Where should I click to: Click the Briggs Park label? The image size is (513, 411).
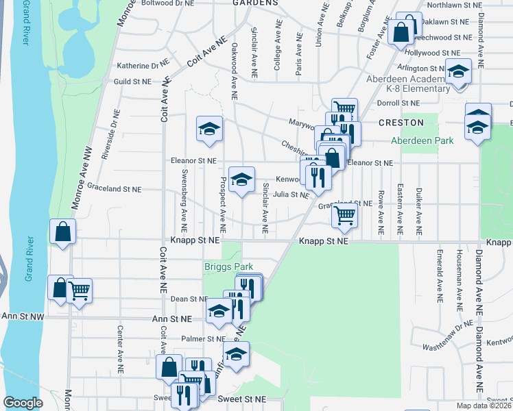(228, 266)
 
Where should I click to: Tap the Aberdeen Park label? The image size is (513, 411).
(422, 140)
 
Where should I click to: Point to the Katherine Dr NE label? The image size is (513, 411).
(142, 66)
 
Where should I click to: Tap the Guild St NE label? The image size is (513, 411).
(132, 81)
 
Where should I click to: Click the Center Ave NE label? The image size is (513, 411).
(119, 342)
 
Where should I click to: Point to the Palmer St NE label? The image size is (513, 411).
(203, 338)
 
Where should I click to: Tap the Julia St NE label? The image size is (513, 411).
(291, 195)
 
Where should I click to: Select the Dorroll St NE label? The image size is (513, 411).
(398, 103)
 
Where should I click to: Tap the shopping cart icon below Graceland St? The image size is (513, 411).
(344, 216)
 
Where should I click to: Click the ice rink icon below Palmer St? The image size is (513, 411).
(236, 354)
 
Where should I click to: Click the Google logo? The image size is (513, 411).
(23, 403)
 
